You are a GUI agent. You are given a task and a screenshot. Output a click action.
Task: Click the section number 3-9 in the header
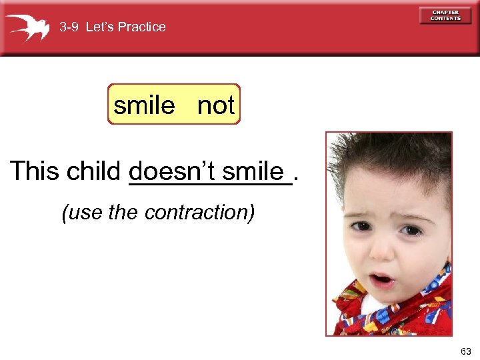pos(69,27)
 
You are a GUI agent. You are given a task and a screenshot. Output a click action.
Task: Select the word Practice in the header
pos(141,27)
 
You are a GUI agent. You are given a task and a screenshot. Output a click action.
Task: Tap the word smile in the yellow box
pos(144,105)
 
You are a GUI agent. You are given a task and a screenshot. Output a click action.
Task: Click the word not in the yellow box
pos(216,105)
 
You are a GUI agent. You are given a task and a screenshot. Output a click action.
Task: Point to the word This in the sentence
pos(35,171)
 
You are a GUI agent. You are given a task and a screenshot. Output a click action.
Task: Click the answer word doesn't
pos(173,171)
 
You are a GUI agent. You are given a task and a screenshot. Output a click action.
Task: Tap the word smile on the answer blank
pos(253,171)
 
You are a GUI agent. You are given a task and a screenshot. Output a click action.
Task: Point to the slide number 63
pos(465,351)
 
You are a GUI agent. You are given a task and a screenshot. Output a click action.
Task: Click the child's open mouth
pos(382,278)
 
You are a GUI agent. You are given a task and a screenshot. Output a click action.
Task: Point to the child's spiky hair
pos(387,157)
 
